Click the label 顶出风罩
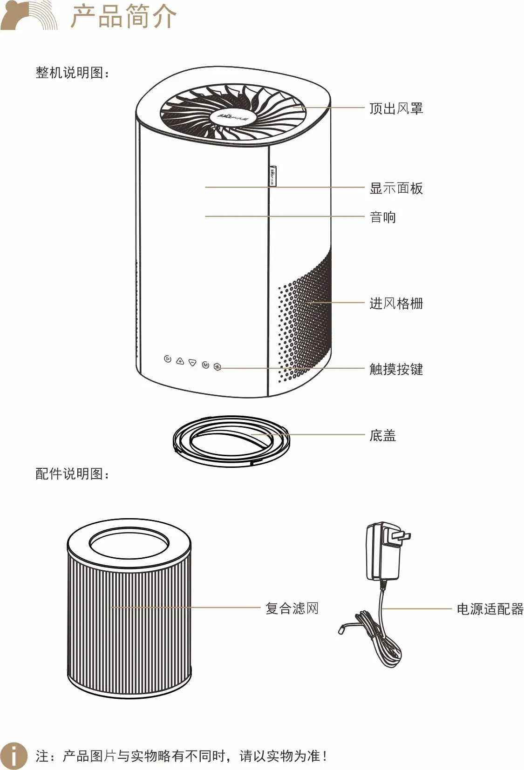[x=396, y=108]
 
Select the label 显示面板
[x=396, y=189]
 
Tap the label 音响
[x=382, y=217]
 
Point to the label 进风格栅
[x=396, y=304]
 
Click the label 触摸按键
[x=396, y=369]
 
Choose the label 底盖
[x=382, y=436]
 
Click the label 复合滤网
[x=292, y=608]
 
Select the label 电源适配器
[x=490, y=609]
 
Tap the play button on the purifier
[x=168, y=359]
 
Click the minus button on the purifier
[x=192, y=363]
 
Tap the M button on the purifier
[x=205, y=365]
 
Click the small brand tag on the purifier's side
[x=272, y=176]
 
